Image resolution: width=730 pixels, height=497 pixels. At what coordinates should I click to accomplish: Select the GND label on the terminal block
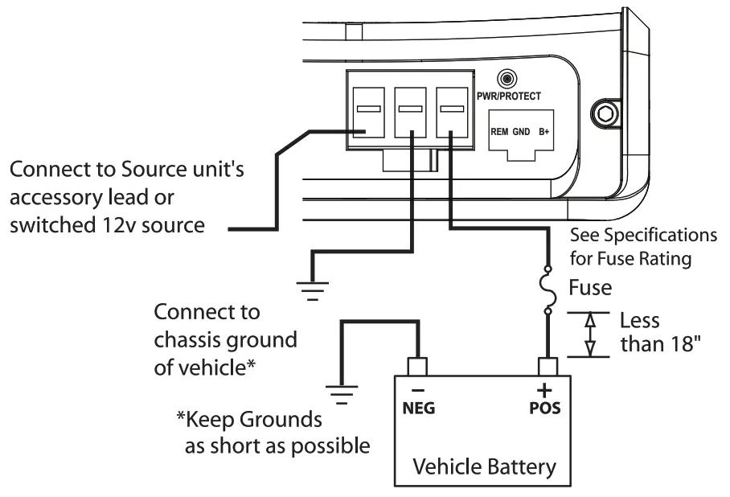pyautogui.click(x=520, y=131)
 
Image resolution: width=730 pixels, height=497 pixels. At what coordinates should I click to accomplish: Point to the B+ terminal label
pyautogui.click(x=545, y=131)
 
